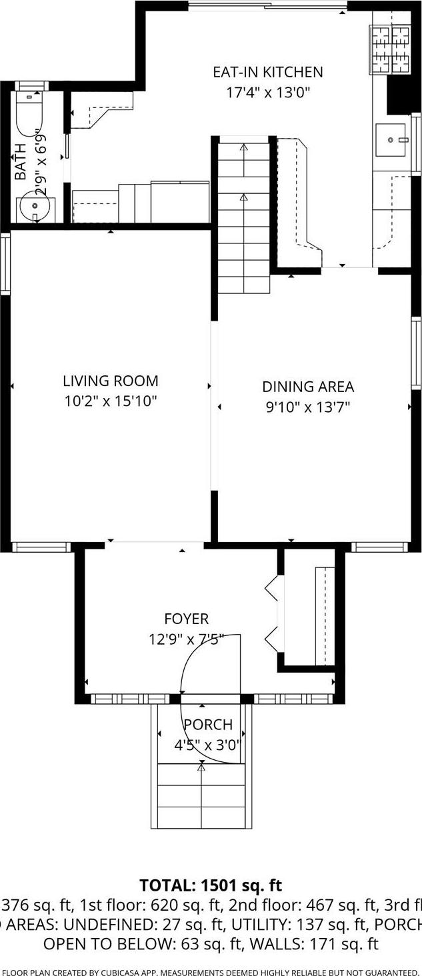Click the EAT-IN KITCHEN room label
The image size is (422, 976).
click(267, 72)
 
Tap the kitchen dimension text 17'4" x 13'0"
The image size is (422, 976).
click(267, 93)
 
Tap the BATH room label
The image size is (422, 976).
click(21, 162)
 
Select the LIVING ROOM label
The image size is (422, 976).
click(111, 381)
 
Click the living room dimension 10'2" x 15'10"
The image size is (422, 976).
click(111, 401)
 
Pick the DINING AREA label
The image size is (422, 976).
click(307, 387)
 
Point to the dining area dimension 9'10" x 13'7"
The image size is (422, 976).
click(307, 407)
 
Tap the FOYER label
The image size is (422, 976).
click(187, 619)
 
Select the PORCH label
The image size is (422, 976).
click(208, 725)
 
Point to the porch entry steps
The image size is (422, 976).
click(201, 797)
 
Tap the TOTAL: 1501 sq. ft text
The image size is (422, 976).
click(211, 885)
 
